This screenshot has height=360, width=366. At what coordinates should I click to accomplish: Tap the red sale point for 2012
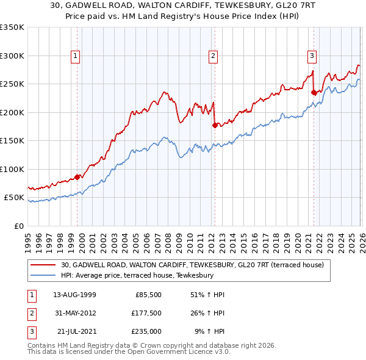point(215,125)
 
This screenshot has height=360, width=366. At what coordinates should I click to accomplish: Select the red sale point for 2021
point(314,93)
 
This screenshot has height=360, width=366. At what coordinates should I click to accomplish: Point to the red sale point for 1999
point(77,178)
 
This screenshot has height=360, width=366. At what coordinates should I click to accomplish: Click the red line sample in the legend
point(45,265)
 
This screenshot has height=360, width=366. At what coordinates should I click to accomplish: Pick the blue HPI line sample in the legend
point(45,275)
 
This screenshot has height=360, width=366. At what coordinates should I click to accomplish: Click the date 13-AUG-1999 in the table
point(74,295)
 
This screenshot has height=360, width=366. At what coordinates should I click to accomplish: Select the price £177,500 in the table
point(146,314)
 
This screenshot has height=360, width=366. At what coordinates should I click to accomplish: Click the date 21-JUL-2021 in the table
point(76,333)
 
